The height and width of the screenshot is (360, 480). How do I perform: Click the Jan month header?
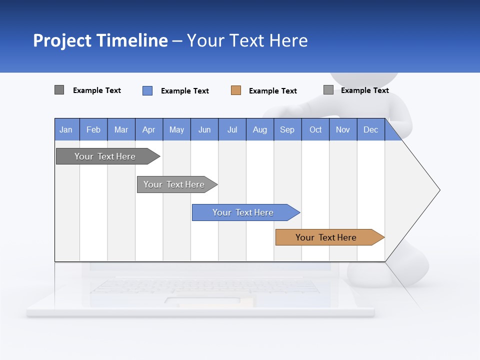(66, 129)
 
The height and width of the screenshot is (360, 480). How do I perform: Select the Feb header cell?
(93, 129)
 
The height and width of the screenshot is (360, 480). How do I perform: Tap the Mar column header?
(121, 129)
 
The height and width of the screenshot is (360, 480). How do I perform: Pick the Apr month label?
(148, 129)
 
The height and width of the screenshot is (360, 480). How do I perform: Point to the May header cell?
(176, 129)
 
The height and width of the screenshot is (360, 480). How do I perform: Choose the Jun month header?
(204, 129)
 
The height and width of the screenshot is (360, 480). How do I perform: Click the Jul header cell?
(232, 129)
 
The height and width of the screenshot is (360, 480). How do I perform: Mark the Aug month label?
(259, 129)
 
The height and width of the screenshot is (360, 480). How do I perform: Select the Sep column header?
(287, 129)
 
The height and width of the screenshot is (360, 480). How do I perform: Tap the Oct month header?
(315, 129)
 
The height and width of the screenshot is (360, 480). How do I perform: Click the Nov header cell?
(343, 129)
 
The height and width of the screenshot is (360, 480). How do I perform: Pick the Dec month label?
(370, 129)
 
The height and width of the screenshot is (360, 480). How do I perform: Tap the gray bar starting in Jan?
(105, 156)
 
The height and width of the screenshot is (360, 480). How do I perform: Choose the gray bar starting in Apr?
(174, 184)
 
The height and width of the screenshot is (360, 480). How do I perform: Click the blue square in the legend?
(147, 90)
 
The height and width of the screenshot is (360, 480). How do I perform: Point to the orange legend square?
(236, 90)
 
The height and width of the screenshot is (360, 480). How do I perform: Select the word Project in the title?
(62, 40)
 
